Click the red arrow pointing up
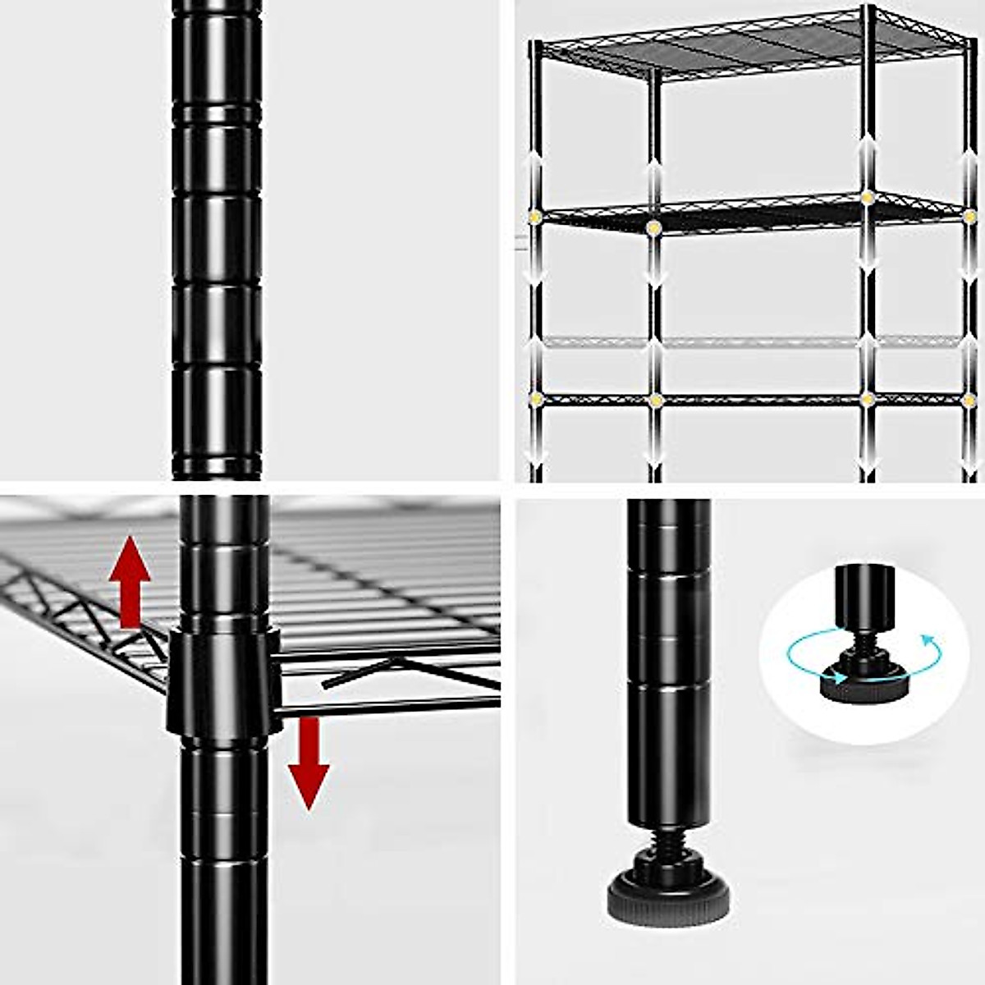tap(131, 579)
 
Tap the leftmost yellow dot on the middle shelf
tap(534, 217)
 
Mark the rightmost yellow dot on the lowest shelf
tap(969, 400)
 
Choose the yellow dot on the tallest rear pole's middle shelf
tap(868, 197)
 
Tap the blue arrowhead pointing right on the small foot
tap(839, 676)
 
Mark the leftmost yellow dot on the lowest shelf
tap(535, 400)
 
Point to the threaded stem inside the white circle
tap(859, 640)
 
